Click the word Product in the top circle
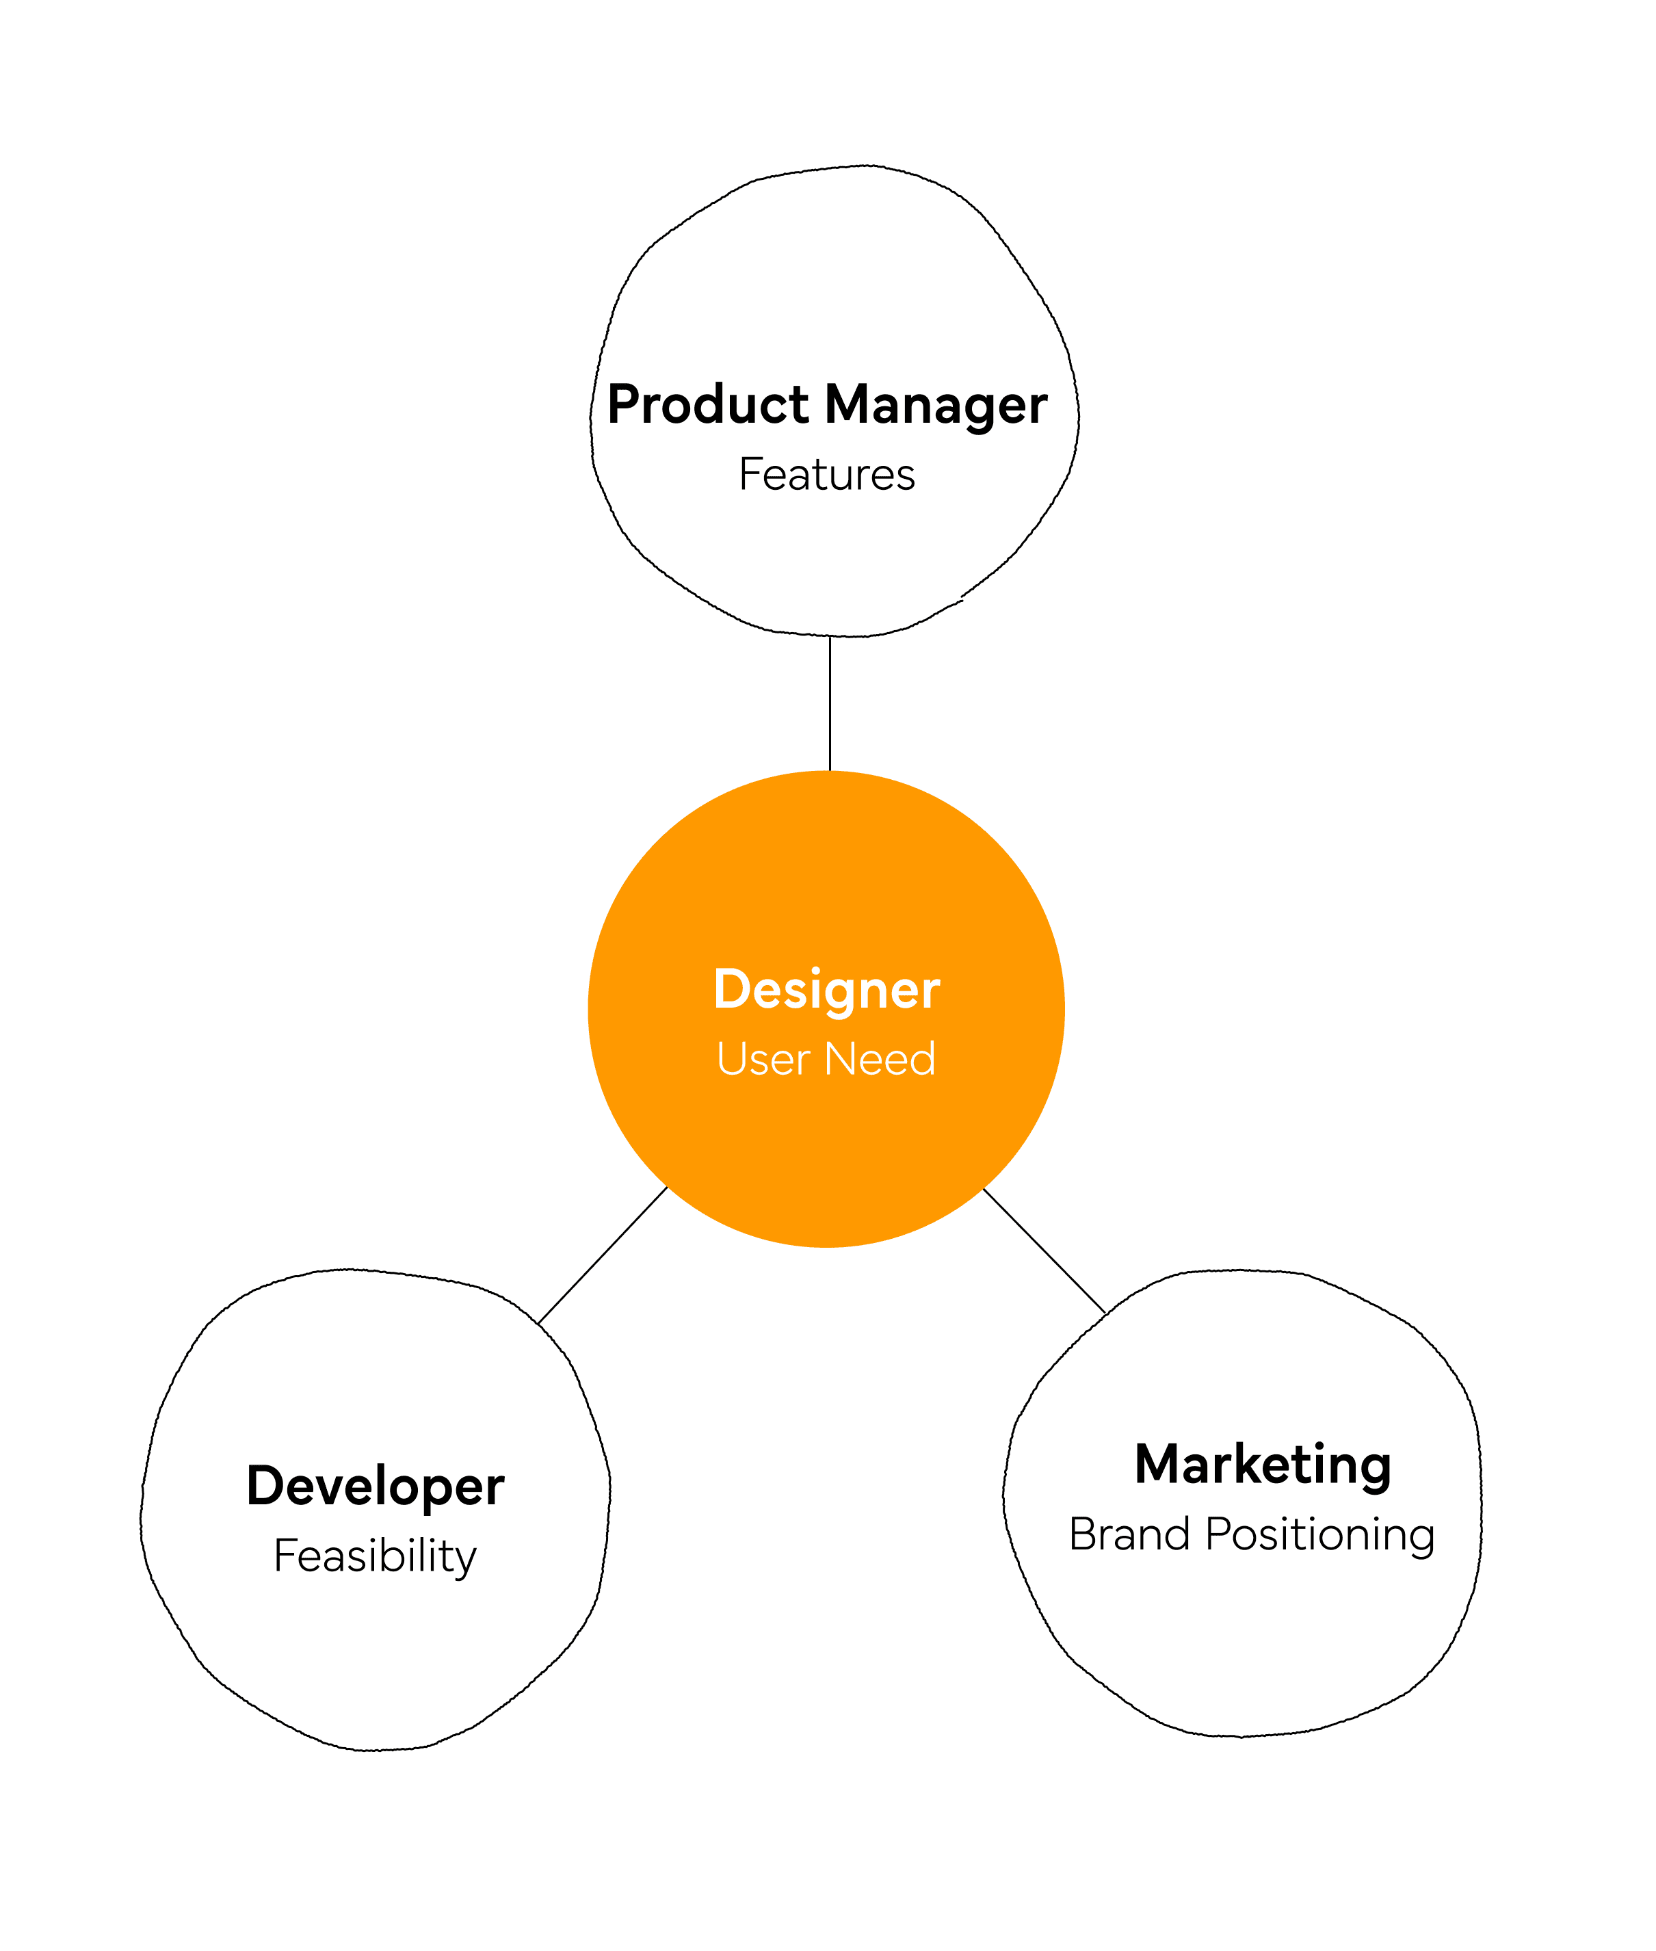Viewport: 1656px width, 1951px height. click(x=708, y=405)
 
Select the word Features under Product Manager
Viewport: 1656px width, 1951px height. click(x=826, y=474)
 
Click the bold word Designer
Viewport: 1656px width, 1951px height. click(x=826, y=990)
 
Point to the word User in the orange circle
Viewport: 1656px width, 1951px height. click(x=762, y=1059)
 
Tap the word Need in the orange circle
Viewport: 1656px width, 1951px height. click(x=880, y=1059)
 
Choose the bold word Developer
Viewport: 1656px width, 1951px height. click(x=376, y=1487)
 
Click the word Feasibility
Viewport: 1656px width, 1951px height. click(x=376, y=1557)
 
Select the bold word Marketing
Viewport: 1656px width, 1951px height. click(x=1263, y=1464)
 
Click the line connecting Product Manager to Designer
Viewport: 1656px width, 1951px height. click(x=830, y=704)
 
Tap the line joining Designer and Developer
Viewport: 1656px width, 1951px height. click(x=603, y=1255)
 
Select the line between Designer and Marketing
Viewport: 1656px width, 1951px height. click(x=1044, y=1251)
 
